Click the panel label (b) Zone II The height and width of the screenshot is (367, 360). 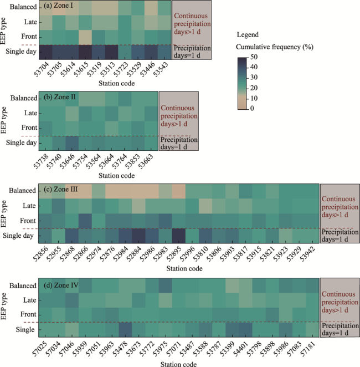click(x=59, y=98)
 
